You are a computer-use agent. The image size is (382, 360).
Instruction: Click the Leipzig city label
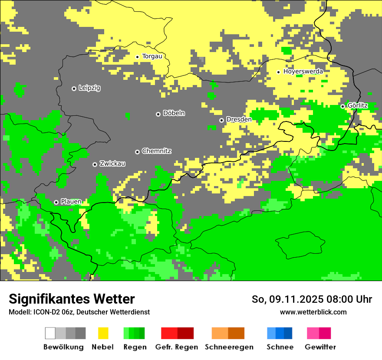[x=89, y=88]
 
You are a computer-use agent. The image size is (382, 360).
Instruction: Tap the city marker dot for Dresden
[x=221, y=120]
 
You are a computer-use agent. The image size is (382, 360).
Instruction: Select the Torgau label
[x=152, y=56]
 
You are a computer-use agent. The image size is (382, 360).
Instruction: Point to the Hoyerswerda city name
[x=303, y=72]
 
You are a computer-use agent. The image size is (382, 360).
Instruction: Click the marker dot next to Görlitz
[x=342, y=106]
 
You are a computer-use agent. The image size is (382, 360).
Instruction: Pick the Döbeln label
[x=174, y=113]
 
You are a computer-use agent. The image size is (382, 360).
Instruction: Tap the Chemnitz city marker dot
[x=137, y=152]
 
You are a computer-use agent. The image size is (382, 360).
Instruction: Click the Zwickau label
[x=112, y=164]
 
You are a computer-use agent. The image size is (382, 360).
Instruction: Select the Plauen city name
[x=71, y=202]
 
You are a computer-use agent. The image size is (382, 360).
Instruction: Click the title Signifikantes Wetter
[x=72, y=299]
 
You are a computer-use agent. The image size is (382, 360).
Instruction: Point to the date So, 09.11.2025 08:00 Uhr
[x=312, y=299]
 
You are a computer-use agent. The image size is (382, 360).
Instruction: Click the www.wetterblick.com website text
[x=313, y=312]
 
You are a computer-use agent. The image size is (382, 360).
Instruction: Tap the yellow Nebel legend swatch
[x=103, y=333]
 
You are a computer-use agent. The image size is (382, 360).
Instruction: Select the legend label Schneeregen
[x=229, y=347]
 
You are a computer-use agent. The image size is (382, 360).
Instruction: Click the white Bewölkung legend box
[x=50, y=333]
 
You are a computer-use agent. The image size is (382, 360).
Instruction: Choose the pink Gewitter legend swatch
[x=313, y=333]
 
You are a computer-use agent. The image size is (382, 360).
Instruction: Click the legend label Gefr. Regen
[x=177, y=347]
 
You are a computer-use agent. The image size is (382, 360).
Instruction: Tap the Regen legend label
[x=135, y=347]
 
